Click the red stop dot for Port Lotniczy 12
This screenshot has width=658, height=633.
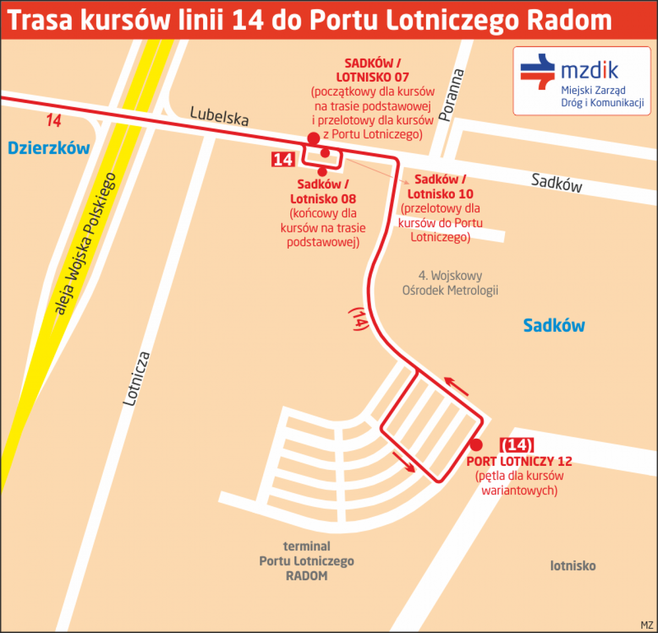476,445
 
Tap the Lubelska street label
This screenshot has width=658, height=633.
219,116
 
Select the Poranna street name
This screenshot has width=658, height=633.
451,95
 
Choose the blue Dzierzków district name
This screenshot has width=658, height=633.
48,148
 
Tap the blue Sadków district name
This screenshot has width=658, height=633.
554,325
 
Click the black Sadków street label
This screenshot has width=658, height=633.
556,183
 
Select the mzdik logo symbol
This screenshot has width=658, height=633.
537,72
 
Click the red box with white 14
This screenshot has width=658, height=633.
283,159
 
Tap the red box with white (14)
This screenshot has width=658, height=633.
517,445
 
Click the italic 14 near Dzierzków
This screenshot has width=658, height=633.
54,121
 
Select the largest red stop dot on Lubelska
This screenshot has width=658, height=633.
313,138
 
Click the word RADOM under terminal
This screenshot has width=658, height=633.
306,576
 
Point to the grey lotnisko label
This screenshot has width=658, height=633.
573,565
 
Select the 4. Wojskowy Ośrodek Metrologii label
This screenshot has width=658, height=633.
450,283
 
